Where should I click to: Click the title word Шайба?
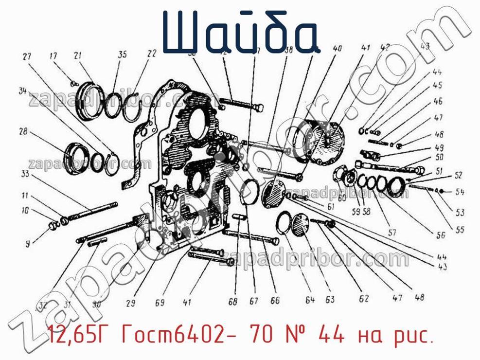coord(242,33)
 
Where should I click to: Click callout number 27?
coord(26,56)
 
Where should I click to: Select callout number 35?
coord(122,54)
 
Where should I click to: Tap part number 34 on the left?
coord(21,91)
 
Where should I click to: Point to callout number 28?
coord(23,132)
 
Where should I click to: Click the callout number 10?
coord(25,211)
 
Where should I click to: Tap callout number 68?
coord(233,302)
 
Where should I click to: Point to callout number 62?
coord(363,299)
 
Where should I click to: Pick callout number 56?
coord(441,235)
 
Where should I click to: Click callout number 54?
coord(460,192)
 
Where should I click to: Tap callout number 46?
coord(438,102)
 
